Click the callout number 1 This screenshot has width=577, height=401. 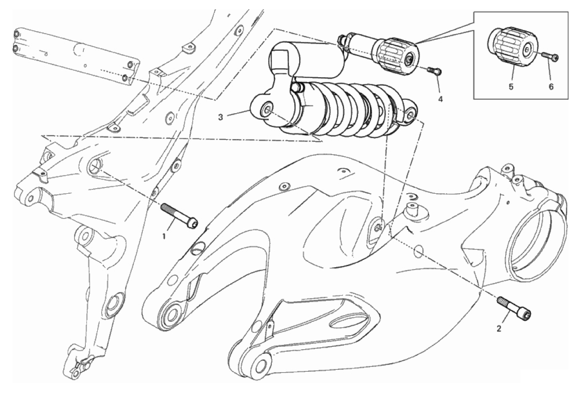pyautogui.click(x=164, y=236)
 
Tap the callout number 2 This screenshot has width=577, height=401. pyautogui.click(x=499, y=329)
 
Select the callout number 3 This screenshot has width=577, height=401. pyautogui.click(x=220, y=118)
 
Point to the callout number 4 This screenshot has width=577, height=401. pyautogui.click(x=440, y=99)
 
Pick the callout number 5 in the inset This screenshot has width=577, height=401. pyautogui.click(x=511, y=87)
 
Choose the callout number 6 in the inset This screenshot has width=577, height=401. pyautogui.click(x=551, y=87)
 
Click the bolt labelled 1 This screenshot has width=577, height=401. pyautogui.click(x=179, y=215)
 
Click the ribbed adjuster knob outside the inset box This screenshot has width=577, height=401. pyautogui.click(x=398, y=54)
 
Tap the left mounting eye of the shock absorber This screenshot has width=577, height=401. pyautogui.click(x=266, y=110)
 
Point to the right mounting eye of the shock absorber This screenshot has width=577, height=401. pyautogui.click(x=410, y=114)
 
